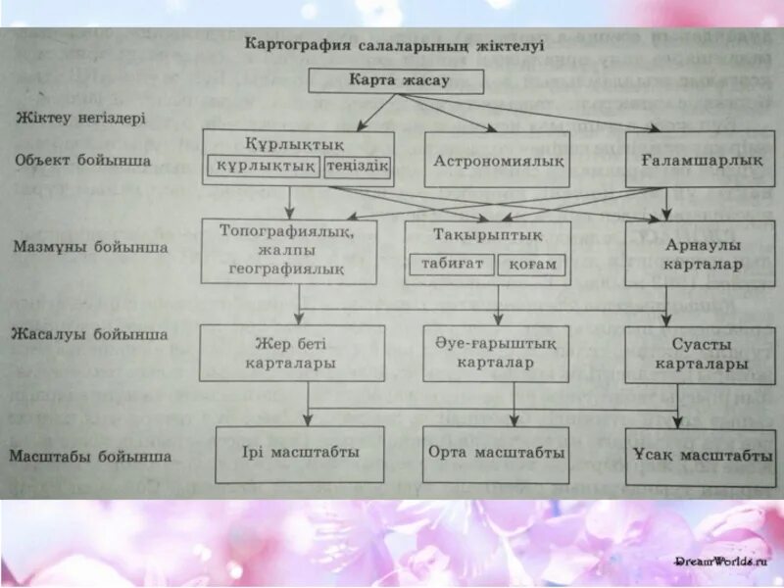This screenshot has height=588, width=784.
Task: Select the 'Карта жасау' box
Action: [397, 80]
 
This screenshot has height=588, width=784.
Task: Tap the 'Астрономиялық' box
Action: [497, 159]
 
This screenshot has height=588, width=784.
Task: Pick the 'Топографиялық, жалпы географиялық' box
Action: [288, 250]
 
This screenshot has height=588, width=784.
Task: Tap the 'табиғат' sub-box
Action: [452, 265]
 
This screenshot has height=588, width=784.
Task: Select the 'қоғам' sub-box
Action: [532, 265]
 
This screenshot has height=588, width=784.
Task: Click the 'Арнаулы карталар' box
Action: [701, 254]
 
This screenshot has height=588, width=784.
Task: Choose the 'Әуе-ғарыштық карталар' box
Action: [496, 353]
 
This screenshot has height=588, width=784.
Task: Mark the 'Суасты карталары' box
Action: [701, 355]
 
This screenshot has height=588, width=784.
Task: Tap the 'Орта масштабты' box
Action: [496, 454]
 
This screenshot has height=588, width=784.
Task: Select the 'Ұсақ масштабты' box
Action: [701, 456]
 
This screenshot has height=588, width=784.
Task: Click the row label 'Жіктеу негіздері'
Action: [80, 118]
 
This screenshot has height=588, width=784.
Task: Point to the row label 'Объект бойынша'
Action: [83, 160]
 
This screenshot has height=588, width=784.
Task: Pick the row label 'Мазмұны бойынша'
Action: [90, 248]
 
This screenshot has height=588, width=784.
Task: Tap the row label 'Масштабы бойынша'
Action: [90, 456]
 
